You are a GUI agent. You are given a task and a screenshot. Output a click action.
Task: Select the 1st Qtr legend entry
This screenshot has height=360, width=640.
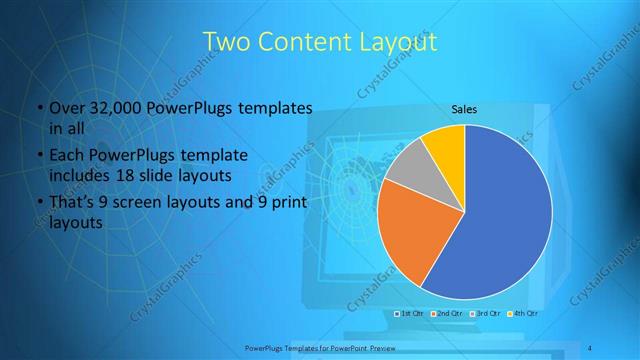tap(410, 313)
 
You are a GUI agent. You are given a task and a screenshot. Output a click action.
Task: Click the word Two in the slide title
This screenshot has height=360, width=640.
tap(228, 43)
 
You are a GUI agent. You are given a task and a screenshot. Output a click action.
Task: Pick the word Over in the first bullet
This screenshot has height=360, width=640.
tap(65, 107)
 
